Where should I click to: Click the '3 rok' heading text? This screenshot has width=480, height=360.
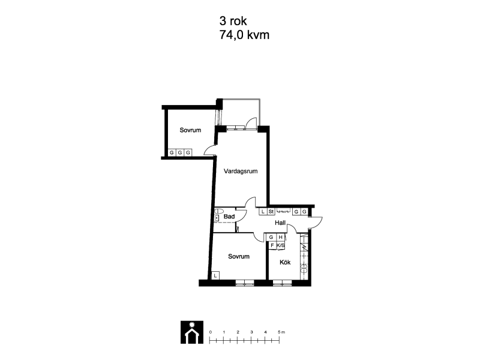coord(233,21)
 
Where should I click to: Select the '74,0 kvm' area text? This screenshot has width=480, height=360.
coord(244,35)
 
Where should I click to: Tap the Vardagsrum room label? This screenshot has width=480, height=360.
coord(241,171)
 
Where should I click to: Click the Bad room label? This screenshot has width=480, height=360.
coord(229,217)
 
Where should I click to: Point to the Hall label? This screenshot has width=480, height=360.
coord(280,223)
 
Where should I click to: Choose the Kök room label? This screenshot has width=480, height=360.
coord(285,262)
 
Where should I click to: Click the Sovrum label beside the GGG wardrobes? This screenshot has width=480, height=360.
coord(190,130)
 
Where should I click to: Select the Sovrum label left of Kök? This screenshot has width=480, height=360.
coord(239,257)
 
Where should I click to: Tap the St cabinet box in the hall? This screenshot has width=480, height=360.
coord(271,212)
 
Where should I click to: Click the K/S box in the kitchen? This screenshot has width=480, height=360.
coord(281,245)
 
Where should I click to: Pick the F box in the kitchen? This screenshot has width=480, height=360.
coord(272,245)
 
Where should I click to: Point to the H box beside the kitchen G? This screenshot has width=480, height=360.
coord(280,237)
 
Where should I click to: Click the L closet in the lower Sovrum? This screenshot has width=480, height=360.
coord(215,275)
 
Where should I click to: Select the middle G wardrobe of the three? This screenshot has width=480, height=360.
coord(180,152)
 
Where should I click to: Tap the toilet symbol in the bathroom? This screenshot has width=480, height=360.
coord(218,211)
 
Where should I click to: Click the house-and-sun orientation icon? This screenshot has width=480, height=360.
coord(192,332)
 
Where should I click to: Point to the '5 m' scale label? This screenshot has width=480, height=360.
coord(281,332)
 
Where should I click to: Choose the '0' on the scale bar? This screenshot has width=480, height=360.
coord(211,332)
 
